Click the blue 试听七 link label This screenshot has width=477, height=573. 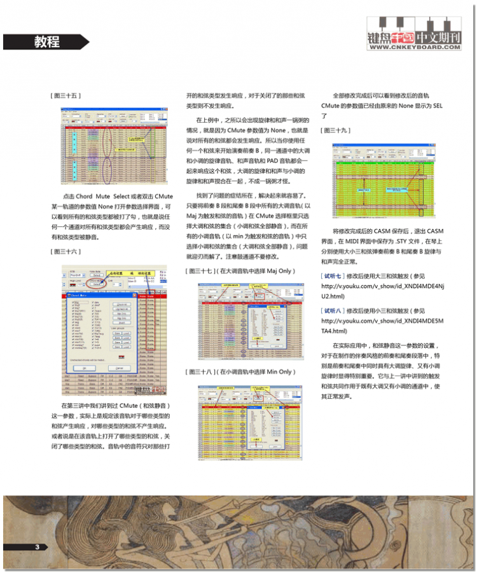pyautogui.click(x=332, y=276)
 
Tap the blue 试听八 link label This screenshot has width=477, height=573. pyautogui.click(x=332, y=311)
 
